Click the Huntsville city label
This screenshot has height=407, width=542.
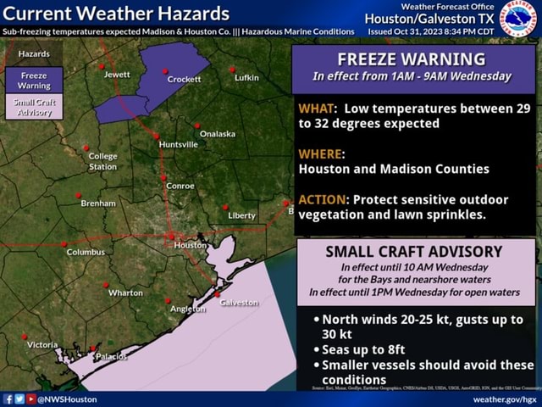[x=178, y=144]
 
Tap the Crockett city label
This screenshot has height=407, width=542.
[x=185, y=79]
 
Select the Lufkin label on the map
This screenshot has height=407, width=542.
[x=246, y=78]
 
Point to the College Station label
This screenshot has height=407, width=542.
[x=103, y=161]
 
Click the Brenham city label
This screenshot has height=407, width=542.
[x=98, y=203]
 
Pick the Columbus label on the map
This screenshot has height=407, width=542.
[x=86, y=252]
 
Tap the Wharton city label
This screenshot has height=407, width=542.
[x=125, y=293]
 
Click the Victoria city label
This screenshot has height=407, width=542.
[x=42, y=344]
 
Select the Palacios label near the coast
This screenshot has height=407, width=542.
[x=111, y=356]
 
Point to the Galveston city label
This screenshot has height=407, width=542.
[x=239, y=303]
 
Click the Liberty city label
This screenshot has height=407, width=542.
[x=241, y=215]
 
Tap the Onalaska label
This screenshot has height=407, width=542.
[x=218, y=134]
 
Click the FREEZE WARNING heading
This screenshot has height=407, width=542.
[x=412, y=59]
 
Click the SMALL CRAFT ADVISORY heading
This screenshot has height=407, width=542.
[x=414, y=252]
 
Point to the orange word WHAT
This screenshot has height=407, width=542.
[x=315, y=109]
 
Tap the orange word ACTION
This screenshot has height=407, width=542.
[x=322, y=199]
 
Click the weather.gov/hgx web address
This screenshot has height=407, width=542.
[x=505, y=399]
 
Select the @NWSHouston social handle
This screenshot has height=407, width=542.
[x=68, y=399]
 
